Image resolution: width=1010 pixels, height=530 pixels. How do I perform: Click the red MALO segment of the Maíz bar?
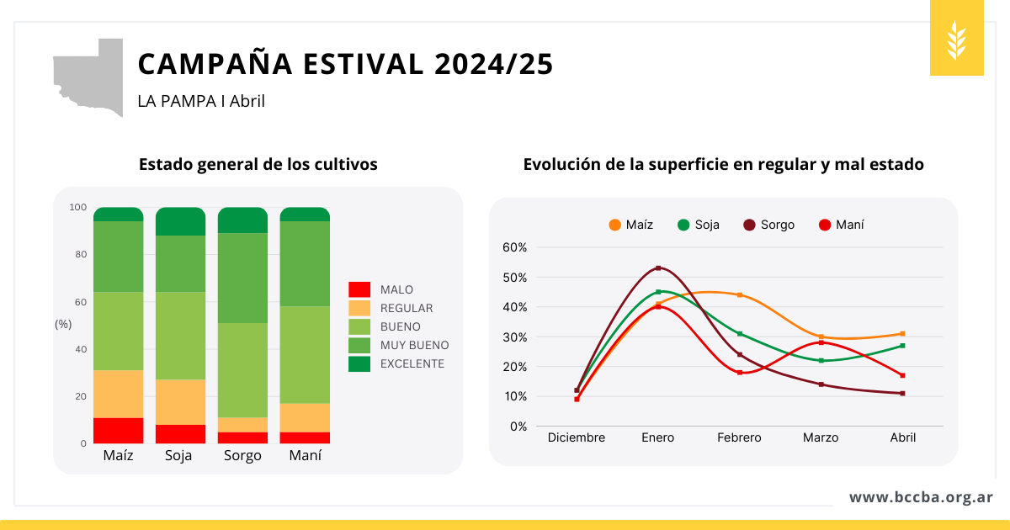click(119, 430)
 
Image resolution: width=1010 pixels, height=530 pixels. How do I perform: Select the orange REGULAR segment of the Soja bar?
click(180, 401)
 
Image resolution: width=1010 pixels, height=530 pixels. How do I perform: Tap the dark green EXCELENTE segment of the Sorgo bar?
click(242, 220)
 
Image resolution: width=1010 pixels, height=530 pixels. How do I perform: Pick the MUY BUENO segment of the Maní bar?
click(305, 263)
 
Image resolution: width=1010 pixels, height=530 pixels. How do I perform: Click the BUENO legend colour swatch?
click(359, 326)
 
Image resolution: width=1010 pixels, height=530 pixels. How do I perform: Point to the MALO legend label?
click(396, 289)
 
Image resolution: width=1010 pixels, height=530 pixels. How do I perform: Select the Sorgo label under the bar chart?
click(242, 456)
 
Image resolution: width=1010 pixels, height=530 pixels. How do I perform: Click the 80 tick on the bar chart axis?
click(77, 254)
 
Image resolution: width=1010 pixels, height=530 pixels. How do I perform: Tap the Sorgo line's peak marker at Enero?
click(658, 268)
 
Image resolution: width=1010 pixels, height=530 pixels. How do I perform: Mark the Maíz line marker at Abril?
click(902, 334)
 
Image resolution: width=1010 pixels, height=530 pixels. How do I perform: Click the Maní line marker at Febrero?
click(740, 372)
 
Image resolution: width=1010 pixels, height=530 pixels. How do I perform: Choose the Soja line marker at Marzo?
click(821, 361)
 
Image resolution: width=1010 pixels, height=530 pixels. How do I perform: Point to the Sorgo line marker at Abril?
click(902, 394)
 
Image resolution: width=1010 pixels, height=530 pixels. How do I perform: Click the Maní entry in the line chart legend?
click(841, 225)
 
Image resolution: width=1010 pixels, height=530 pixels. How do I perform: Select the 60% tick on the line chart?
click(514, 247)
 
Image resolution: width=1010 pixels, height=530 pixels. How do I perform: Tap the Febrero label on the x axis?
click(739, 437)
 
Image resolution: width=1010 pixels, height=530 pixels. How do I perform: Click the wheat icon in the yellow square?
click(957, 40)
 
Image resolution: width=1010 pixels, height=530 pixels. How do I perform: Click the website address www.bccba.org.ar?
click(921, 497)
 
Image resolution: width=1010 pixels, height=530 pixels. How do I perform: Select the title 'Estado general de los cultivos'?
click(258, 164)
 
